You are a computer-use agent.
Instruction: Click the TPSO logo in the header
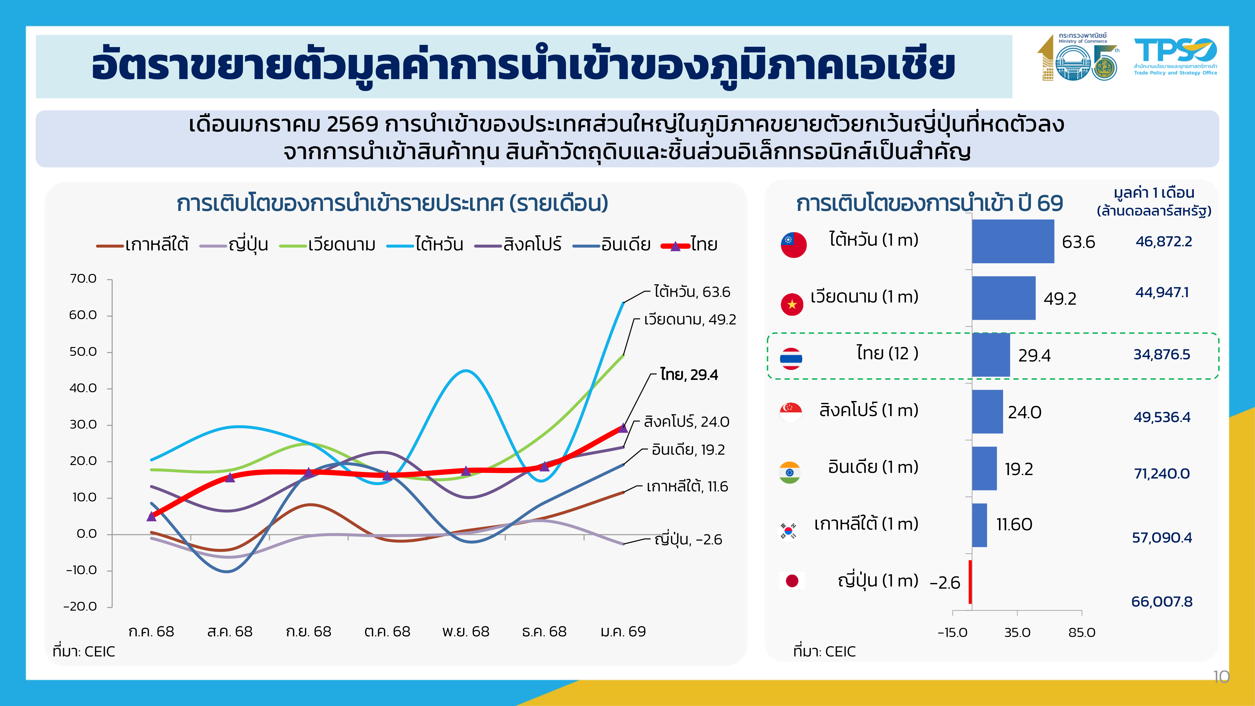pyautogui.click(x=1175, y=56)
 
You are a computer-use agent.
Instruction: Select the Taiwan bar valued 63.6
pyautogui.click(x=1012, y=241)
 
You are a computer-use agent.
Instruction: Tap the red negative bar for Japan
pyautogui.click(x=970, y=582)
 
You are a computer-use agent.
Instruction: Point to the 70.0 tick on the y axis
pyautogui.click(x=83, y=279)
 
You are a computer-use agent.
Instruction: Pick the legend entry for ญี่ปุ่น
pyautogui.click(x=234, y=245)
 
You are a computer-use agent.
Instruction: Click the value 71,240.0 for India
pyautogui.click(x=1162, y=473)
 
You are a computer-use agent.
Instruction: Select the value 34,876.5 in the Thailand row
pyautogui.click(x=1162, y=355)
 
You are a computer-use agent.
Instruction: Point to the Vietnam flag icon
pyautogui.click(x=792, y=304)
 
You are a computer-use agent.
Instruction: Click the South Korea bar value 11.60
pyautogui.click(x=1014, y=525)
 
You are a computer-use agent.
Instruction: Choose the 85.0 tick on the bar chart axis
pyautogui.click(x=1081, y=633)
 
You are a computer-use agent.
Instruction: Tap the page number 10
pyautogui.click(x=1221, y=677)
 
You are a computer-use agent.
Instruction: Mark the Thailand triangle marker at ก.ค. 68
pyautogui.click(x=152, y=516)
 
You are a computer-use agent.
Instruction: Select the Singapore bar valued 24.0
pyautogui.click(x=987, y=412)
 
